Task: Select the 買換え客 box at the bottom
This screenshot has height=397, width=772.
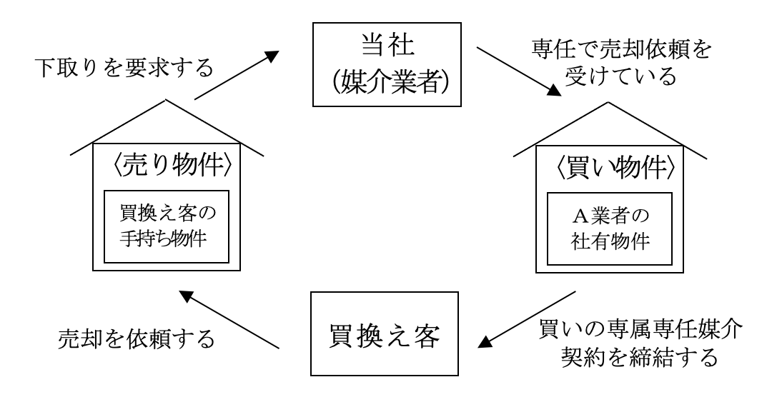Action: [x=382, y=333]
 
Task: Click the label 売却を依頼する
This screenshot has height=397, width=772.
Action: [x=136, y=339]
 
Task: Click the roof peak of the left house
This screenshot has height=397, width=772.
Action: [x=166, y=100]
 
